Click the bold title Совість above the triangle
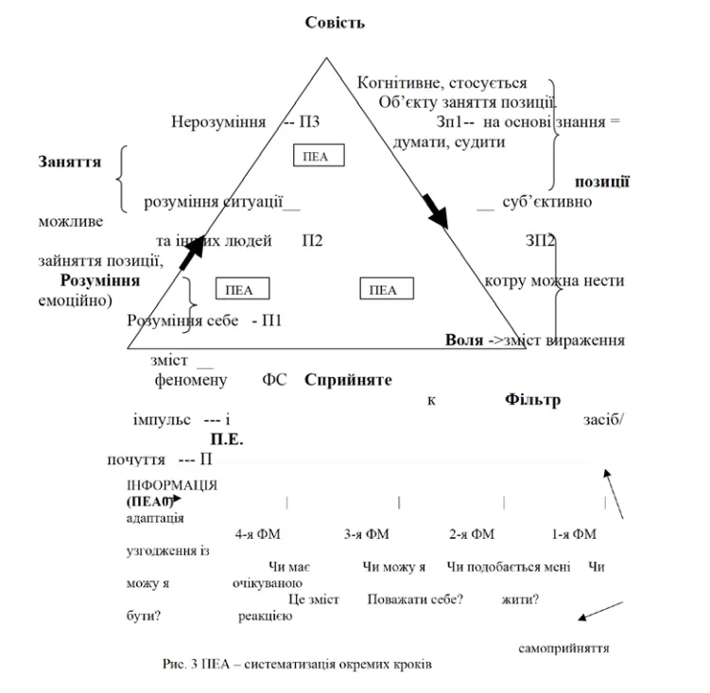coord(335,23)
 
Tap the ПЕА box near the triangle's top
coord(319,155)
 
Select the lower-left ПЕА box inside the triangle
coord(242,288)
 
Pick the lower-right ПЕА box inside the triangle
coord(387,288)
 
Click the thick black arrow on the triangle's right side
coord(435,211)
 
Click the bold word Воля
coord(464,339)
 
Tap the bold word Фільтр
coord(532,400)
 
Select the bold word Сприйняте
coord(348,379)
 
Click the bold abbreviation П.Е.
coord(227,439)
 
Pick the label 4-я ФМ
coord(258,534)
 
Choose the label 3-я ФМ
coord(366,534)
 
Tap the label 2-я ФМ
coord(472,534)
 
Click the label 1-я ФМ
coord(574,534)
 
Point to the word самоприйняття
coord(563,649)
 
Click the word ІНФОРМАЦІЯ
coord(172,485)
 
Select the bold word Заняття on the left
coord(70,162)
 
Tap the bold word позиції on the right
coord(602,182)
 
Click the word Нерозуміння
coord(218,122)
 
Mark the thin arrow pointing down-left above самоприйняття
coord(601,611)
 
